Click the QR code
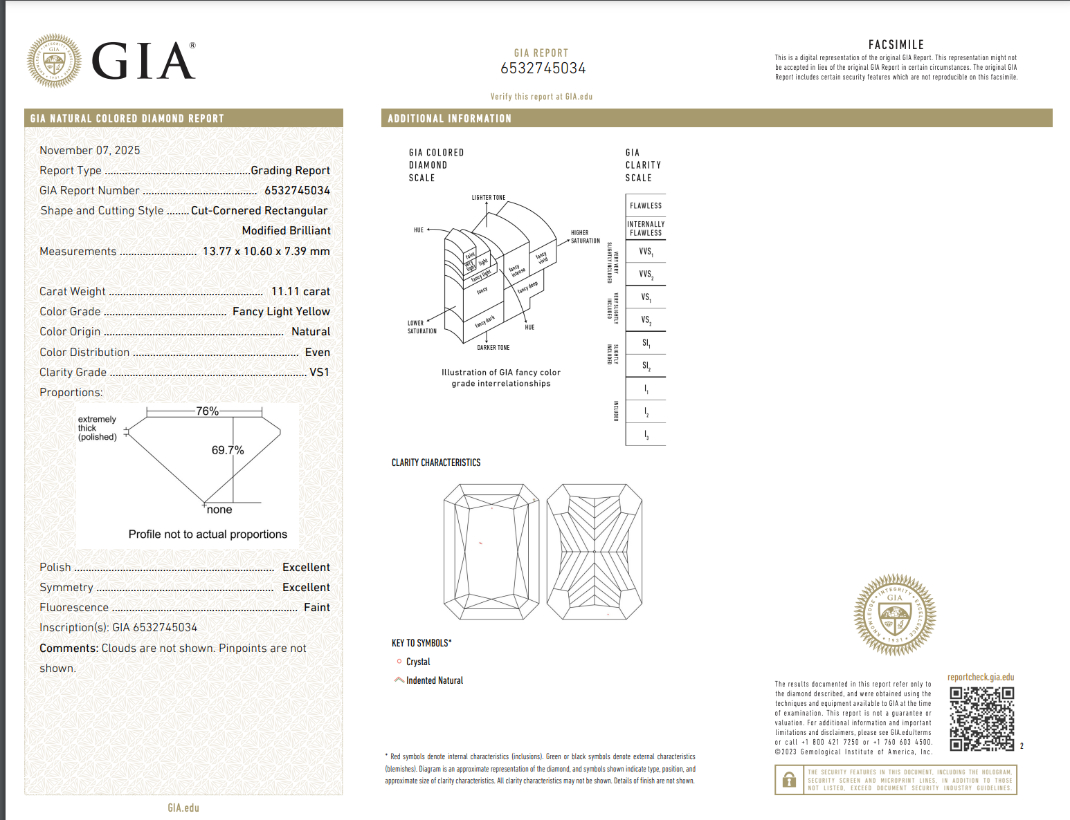pos(981,718)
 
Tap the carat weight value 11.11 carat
pos(300,292)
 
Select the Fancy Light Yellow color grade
pos(281,312)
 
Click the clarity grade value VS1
pos(319,372)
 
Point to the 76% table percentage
pos(207,411)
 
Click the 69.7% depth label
pos(228,450)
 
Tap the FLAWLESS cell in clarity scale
pos(646,205)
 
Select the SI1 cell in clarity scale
pos(646,343)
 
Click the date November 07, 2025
pos(90,150)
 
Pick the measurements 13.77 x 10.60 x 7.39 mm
pos(266,251)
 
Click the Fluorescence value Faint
pos(317,607)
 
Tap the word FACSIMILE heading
pos(896,44)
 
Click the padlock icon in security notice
pos(789,780)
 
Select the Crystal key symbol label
pos(418,662)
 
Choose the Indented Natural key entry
pos(434,680)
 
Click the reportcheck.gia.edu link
pos(981,677)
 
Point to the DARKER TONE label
pos(493,347)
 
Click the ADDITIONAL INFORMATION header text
pos(450,118)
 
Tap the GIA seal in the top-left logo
pos(54,61)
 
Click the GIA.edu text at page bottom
pos(183,808)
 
